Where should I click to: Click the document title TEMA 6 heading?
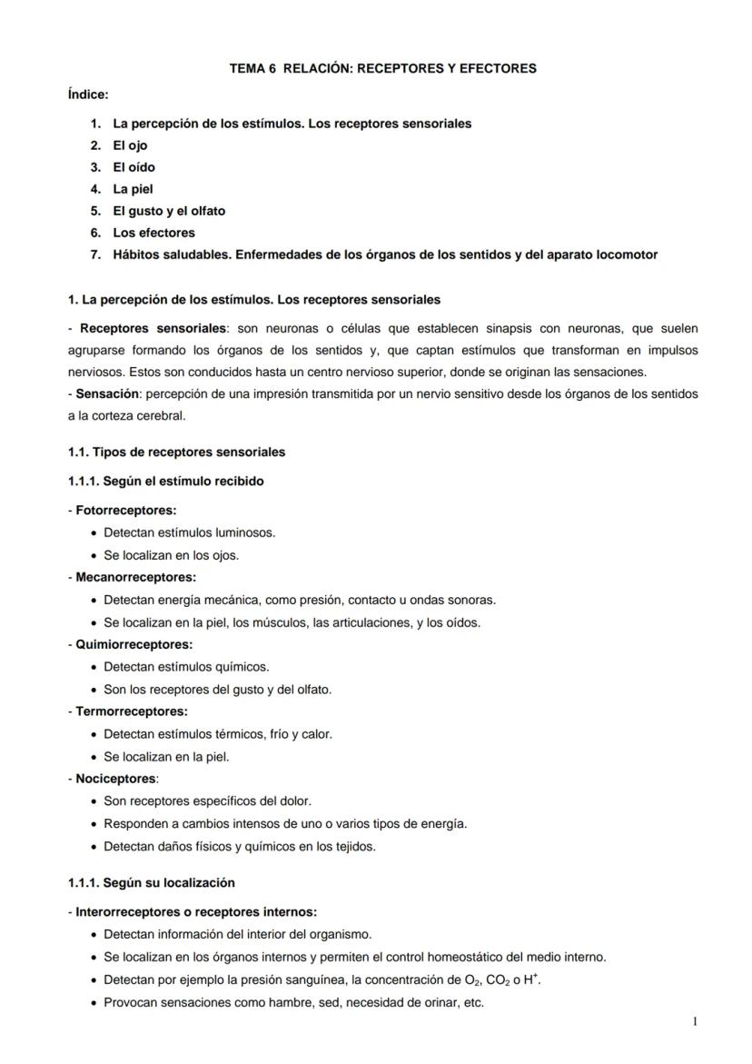click(382, 68)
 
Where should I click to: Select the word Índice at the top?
click(87, 94)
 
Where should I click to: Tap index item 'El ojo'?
click(130, 145)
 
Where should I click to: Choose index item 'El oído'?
click(134, 167)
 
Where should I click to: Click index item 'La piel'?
click(133, 189)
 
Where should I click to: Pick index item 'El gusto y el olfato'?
click(169, 211)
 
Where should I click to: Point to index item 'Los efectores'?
click(153, 233)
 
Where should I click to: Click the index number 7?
click(94, 254)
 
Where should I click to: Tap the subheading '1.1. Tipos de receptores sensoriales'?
click(176, 452)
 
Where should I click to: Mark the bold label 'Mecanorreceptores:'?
click(135, 577)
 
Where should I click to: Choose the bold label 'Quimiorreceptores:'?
click(134, 644)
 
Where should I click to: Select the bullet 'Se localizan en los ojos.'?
click(171, 555)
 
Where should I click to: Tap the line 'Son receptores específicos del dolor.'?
click(207, 801)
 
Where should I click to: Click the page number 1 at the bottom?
click(695, 1022)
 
